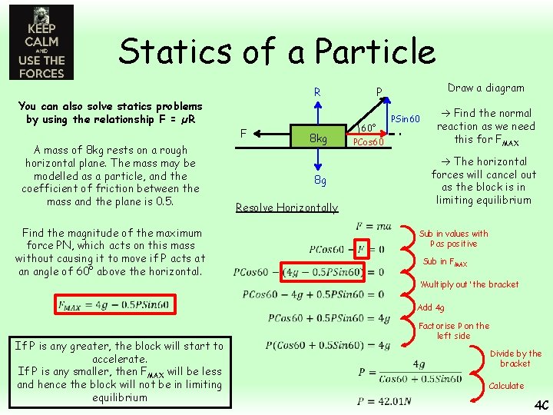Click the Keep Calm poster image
(41, 42)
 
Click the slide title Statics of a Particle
(276, 51)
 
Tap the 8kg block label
(317, 139)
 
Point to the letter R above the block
(316, 93)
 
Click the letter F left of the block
(243, 133)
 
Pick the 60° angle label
(367, 128)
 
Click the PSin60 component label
(406, 119)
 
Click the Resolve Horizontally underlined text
(286, 207)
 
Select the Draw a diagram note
(485, 88)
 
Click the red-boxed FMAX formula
(113, 304)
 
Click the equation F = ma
(374, 226)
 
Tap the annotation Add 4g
(430, 307)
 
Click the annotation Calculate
(506, 386)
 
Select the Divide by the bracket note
(515, 358)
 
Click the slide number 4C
(541, 403)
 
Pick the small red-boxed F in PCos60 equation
(363, 250)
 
